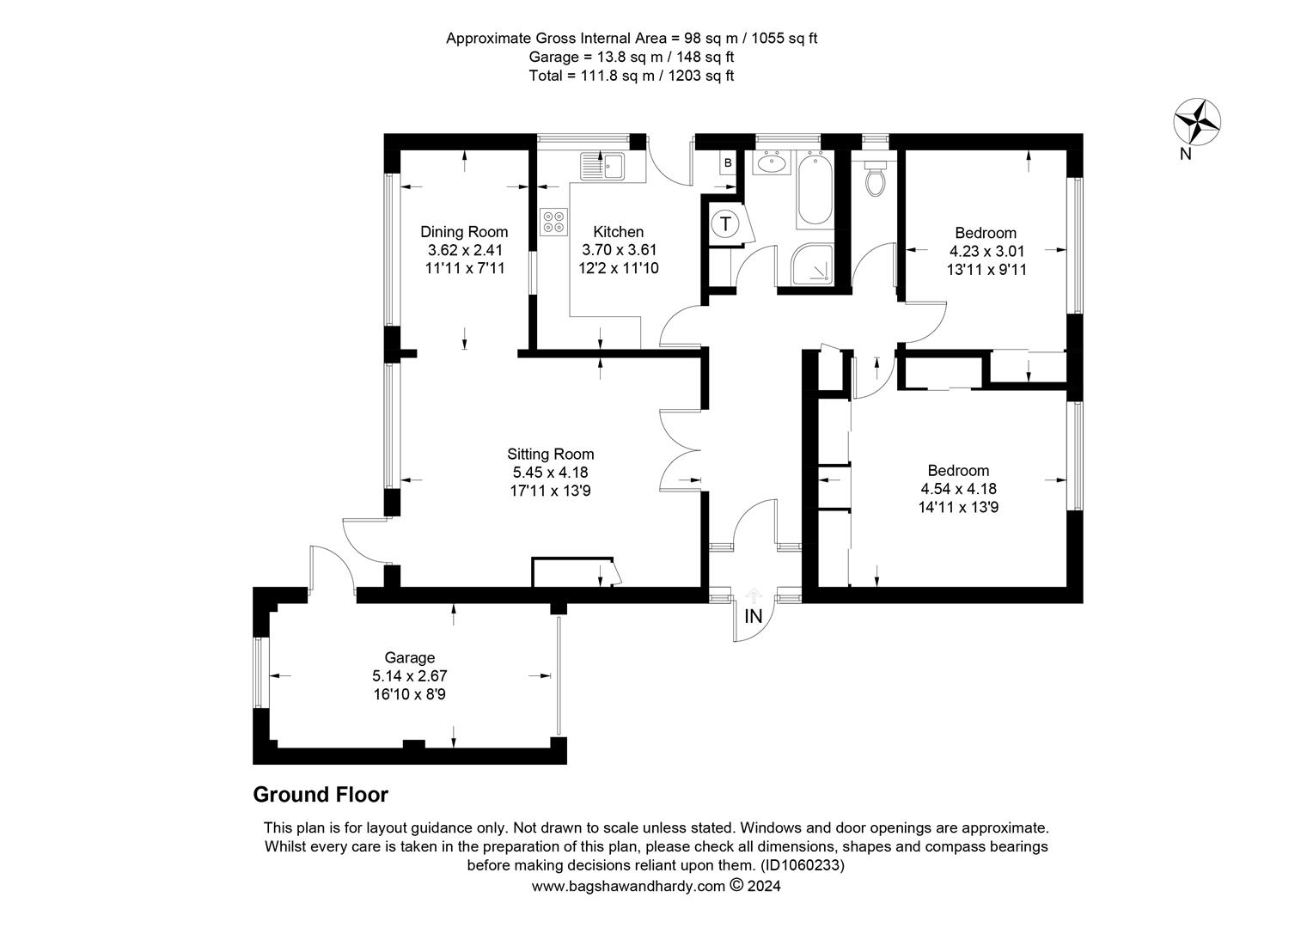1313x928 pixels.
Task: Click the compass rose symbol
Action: coord(1196,122)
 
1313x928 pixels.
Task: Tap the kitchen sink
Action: coord(602,165)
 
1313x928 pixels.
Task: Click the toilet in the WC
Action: coord(875,178)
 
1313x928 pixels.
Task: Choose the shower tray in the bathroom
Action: coord(812,264)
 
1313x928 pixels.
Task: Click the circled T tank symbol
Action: coord(725,224)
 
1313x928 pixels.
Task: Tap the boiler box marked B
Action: coord(728,163)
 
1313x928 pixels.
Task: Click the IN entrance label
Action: coord(754,617)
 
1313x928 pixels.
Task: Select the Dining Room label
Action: coord(464,231)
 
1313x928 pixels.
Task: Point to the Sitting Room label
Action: coord(551,454)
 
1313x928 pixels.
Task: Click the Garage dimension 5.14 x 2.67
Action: coord(410,676)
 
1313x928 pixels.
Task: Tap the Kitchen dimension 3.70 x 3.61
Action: coord(619,250)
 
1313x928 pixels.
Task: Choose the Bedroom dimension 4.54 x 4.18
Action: coord(958,488)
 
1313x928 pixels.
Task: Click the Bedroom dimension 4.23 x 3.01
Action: coord(986,251)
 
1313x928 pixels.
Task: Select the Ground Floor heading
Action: coord(321,795)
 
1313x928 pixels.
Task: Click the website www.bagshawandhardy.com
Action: coord(628,886)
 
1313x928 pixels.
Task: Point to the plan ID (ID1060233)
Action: coord(803,865)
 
